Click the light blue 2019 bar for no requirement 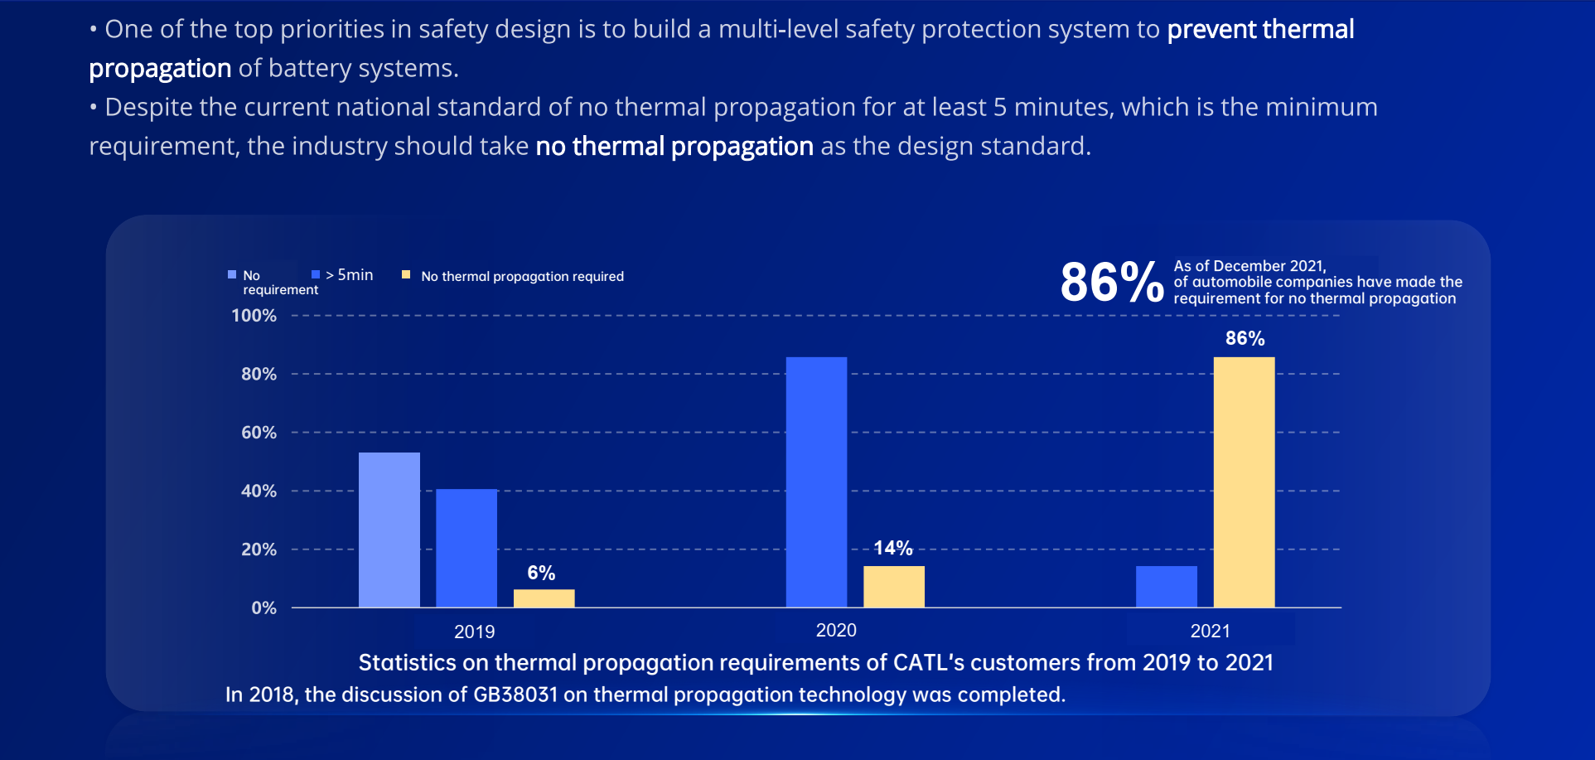click(x=389, y=530)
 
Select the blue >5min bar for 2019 click(x=466, y=548)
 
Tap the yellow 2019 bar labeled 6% click(x=544, y=598)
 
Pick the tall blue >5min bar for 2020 click(x=816, y=482)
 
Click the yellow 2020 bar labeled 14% click(x=893, y=587)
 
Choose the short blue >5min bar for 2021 click(x=1166, y=587)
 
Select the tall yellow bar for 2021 click(x=1244, y=482)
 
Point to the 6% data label click(x=541, y=573)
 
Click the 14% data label click(x=892, y=548)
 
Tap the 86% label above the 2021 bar click(x=1245, y=338)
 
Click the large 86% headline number click(x=1111, y=282)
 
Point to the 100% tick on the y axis click(x=254, y=316)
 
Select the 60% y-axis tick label click(x=259, y=433)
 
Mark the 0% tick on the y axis click(x=263, y=608)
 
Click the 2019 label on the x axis click(x=474, y=632)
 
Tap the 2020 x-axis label click(x=836, y=631)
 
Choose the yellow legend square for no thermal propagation click(x=406, y=274)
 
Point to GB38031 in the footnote click(x=515, y=695)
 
